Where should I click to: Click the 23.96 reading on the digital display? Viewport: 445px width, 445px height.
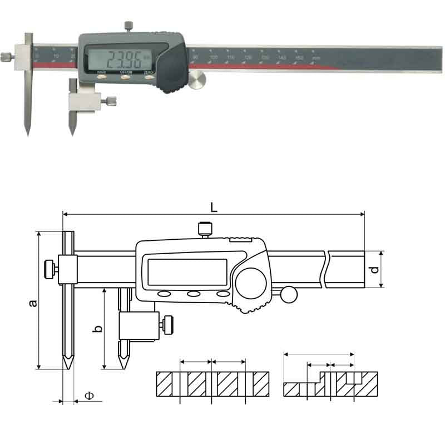(x=123, y=58)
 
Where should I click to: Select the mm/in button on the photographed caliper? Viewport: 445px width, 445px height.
(x=101, y=78)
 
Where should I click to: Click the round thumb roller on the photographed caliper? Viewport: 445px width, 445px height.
(x=196, y=81)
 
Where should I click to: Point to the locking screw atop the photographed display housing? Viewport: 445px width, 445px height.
(x=128, y=26)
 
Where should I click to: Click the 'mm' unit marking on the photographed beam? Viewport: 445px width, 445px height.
(x=316, y=58)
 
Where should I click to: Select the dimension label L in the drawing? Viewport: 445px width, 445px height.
(x=214, y=207)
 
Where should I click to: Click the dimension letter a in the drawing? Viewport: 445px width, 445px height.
(x=33, y=303)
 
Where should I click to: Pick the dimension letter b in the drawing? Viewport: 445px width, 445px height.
(x=97, y=328)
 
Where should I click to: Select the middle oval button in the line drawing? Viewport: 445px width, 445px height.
(x=194, y=294)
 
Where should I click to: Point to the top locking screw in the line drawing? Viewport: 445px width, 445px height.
(x=205, y=228)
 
